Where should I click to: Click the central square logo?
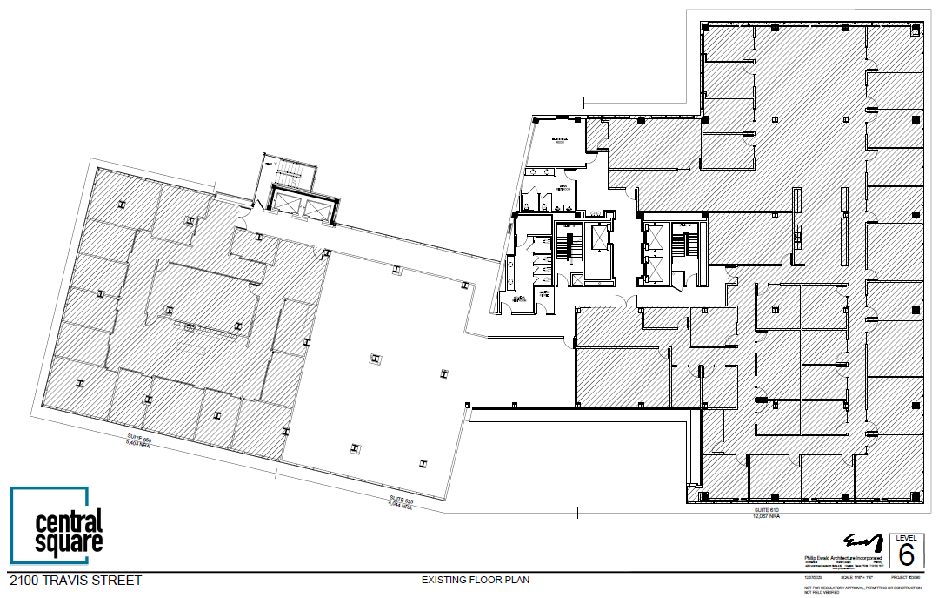point(57,525)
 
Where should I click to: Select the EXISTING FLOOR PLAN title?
point(475,580)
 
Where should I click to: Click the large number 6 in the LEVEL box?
point(906,554)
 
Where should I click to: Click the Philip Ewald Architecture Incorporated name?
point(840,558)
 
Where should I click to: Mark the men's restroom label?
point(563,187)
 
